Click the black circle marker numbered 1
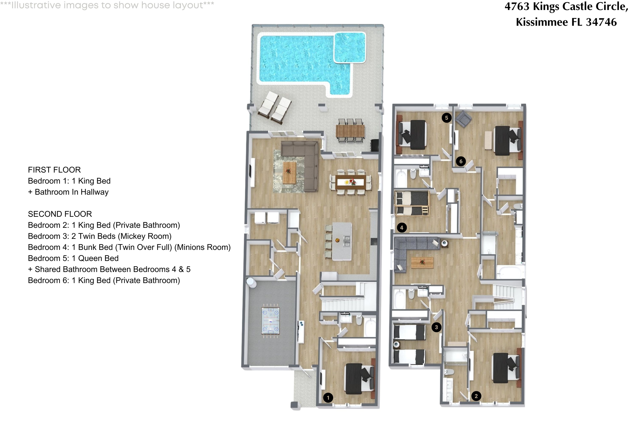(x=328, y=398)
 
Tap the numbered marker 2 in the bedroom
(x=476, y=396)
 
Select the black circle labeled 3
(x=436, y=327)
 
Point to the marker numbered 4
(x=402, y=228)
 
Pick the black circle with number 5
(x=447, y=118)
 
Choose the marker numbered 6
(x=461, y=161)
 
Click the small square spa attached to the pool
(x=350, y=47)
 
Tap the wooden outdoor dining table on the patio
(x=350, y=131)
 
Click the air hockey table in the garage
(x=271, y=321)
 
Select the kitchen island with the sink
(x=342, y=241)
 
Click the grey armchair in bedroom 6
(x=463, y=118)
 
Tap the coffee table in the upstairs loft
(x=422, y=263)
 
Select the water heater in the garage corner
(x=251, y=282)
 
